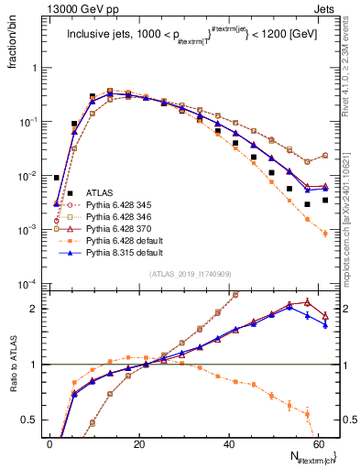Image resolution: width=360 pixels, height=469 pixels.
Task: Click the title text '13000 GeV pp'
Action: [x=75, y=8]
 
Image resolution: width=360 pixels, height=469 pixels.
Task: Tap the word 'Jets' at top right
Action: [x=327, y=8]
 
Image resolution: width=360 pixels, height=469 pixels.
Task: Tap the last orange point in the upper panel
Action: [x=325, y=234]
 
